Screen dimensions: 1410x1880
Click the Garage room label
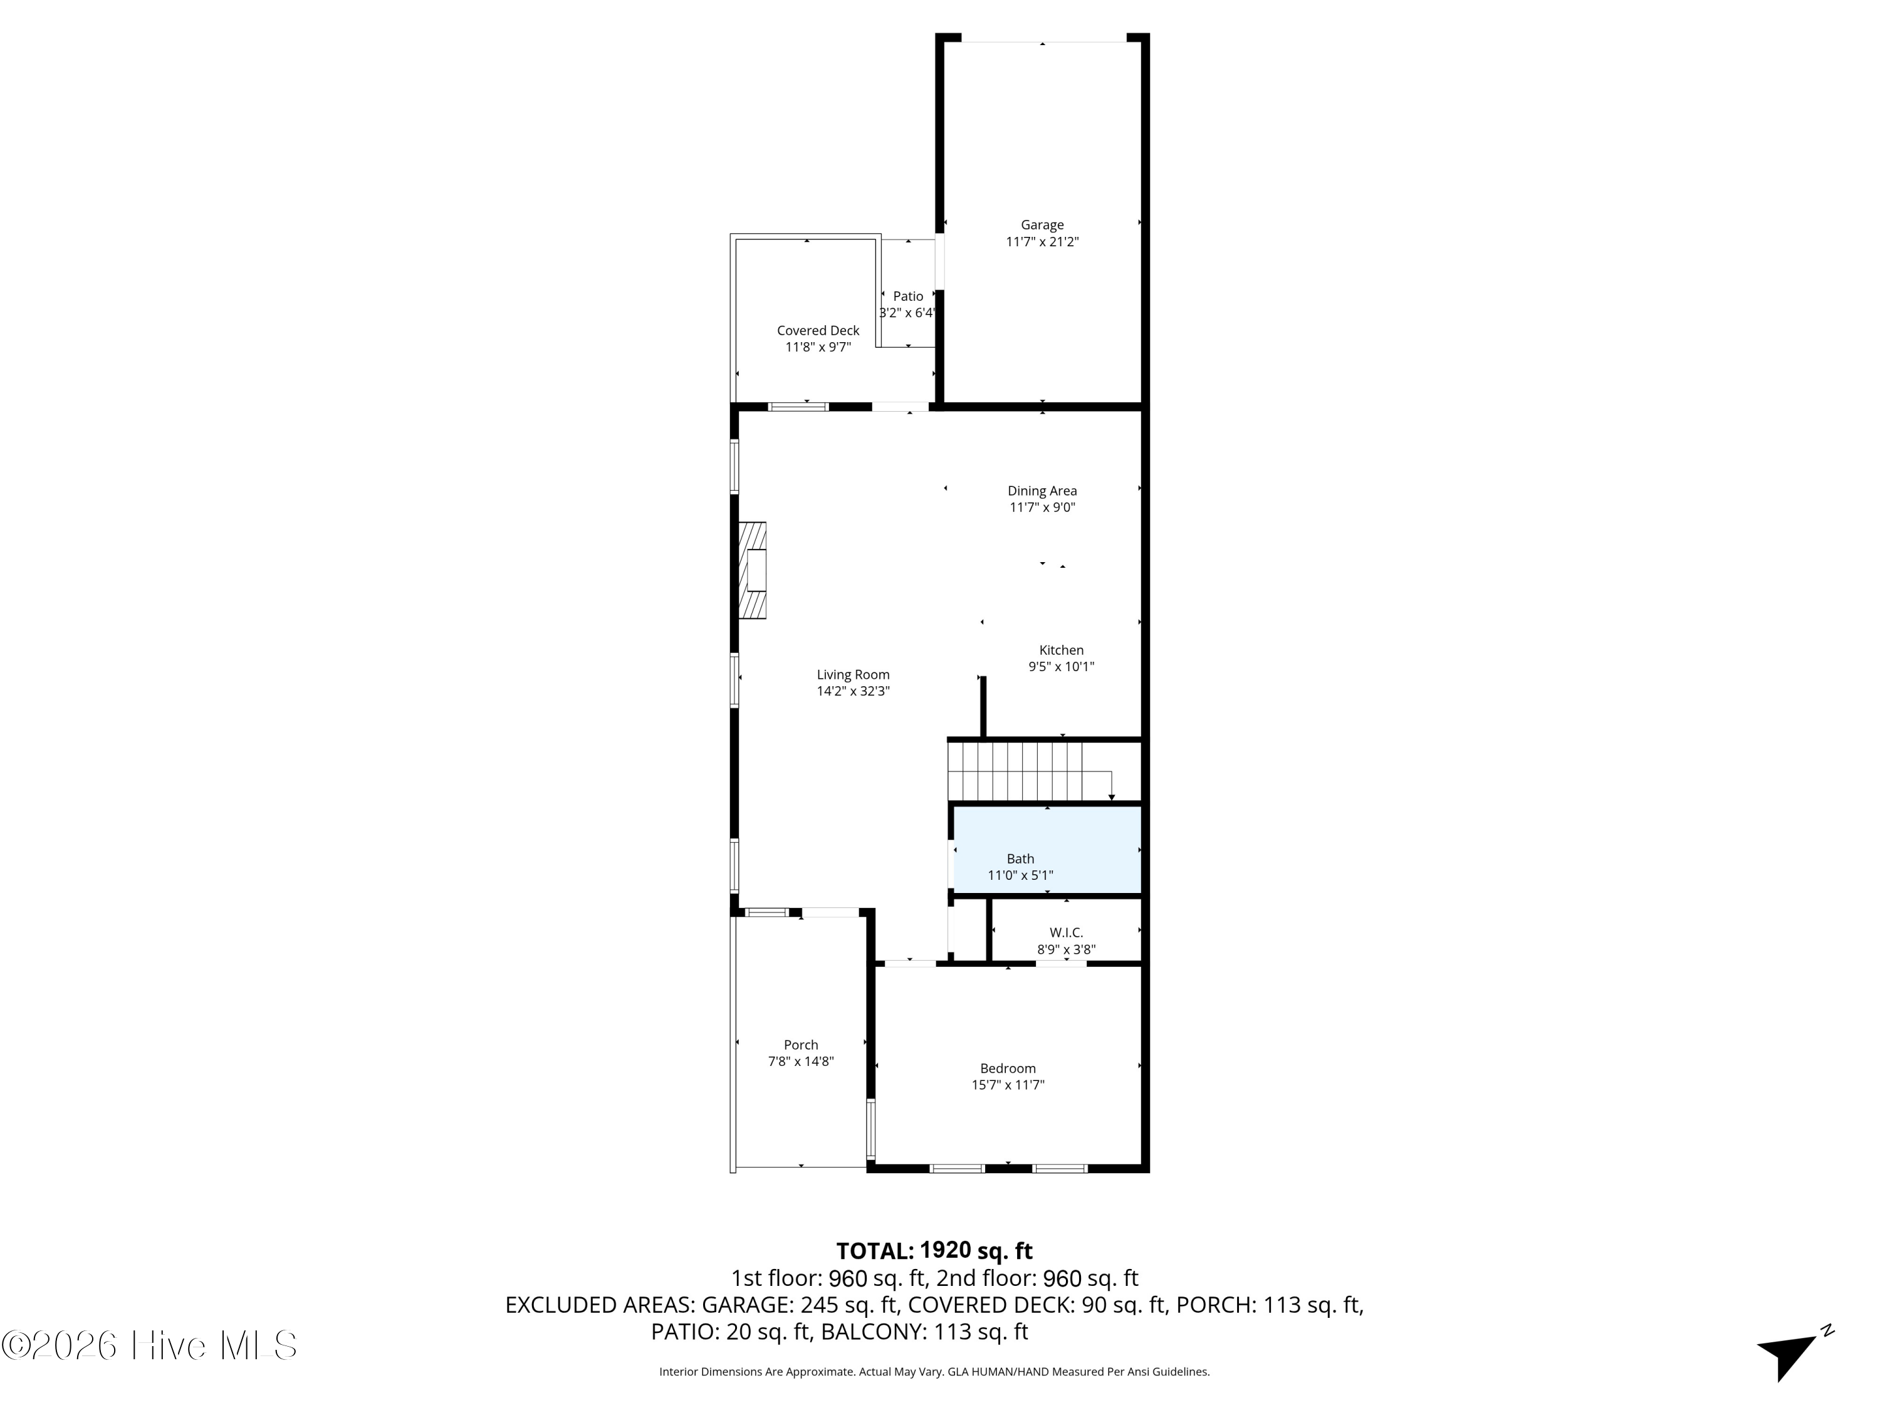1042,225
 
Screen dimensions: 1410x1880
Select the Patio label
907,296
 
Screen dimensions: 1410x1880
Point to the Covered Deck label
818,331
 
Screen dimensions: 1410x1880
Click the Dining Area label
1042,491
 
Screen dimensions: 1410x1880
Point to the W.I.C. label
1066,933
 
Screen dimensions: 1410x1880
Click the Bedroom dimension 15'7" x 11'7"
1007,1085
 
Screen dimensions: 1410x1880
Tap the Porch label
801,1045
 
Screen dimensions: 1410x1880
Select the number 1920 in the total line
945,1250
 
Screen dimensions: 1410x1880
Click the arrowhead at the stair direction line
1112,797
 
